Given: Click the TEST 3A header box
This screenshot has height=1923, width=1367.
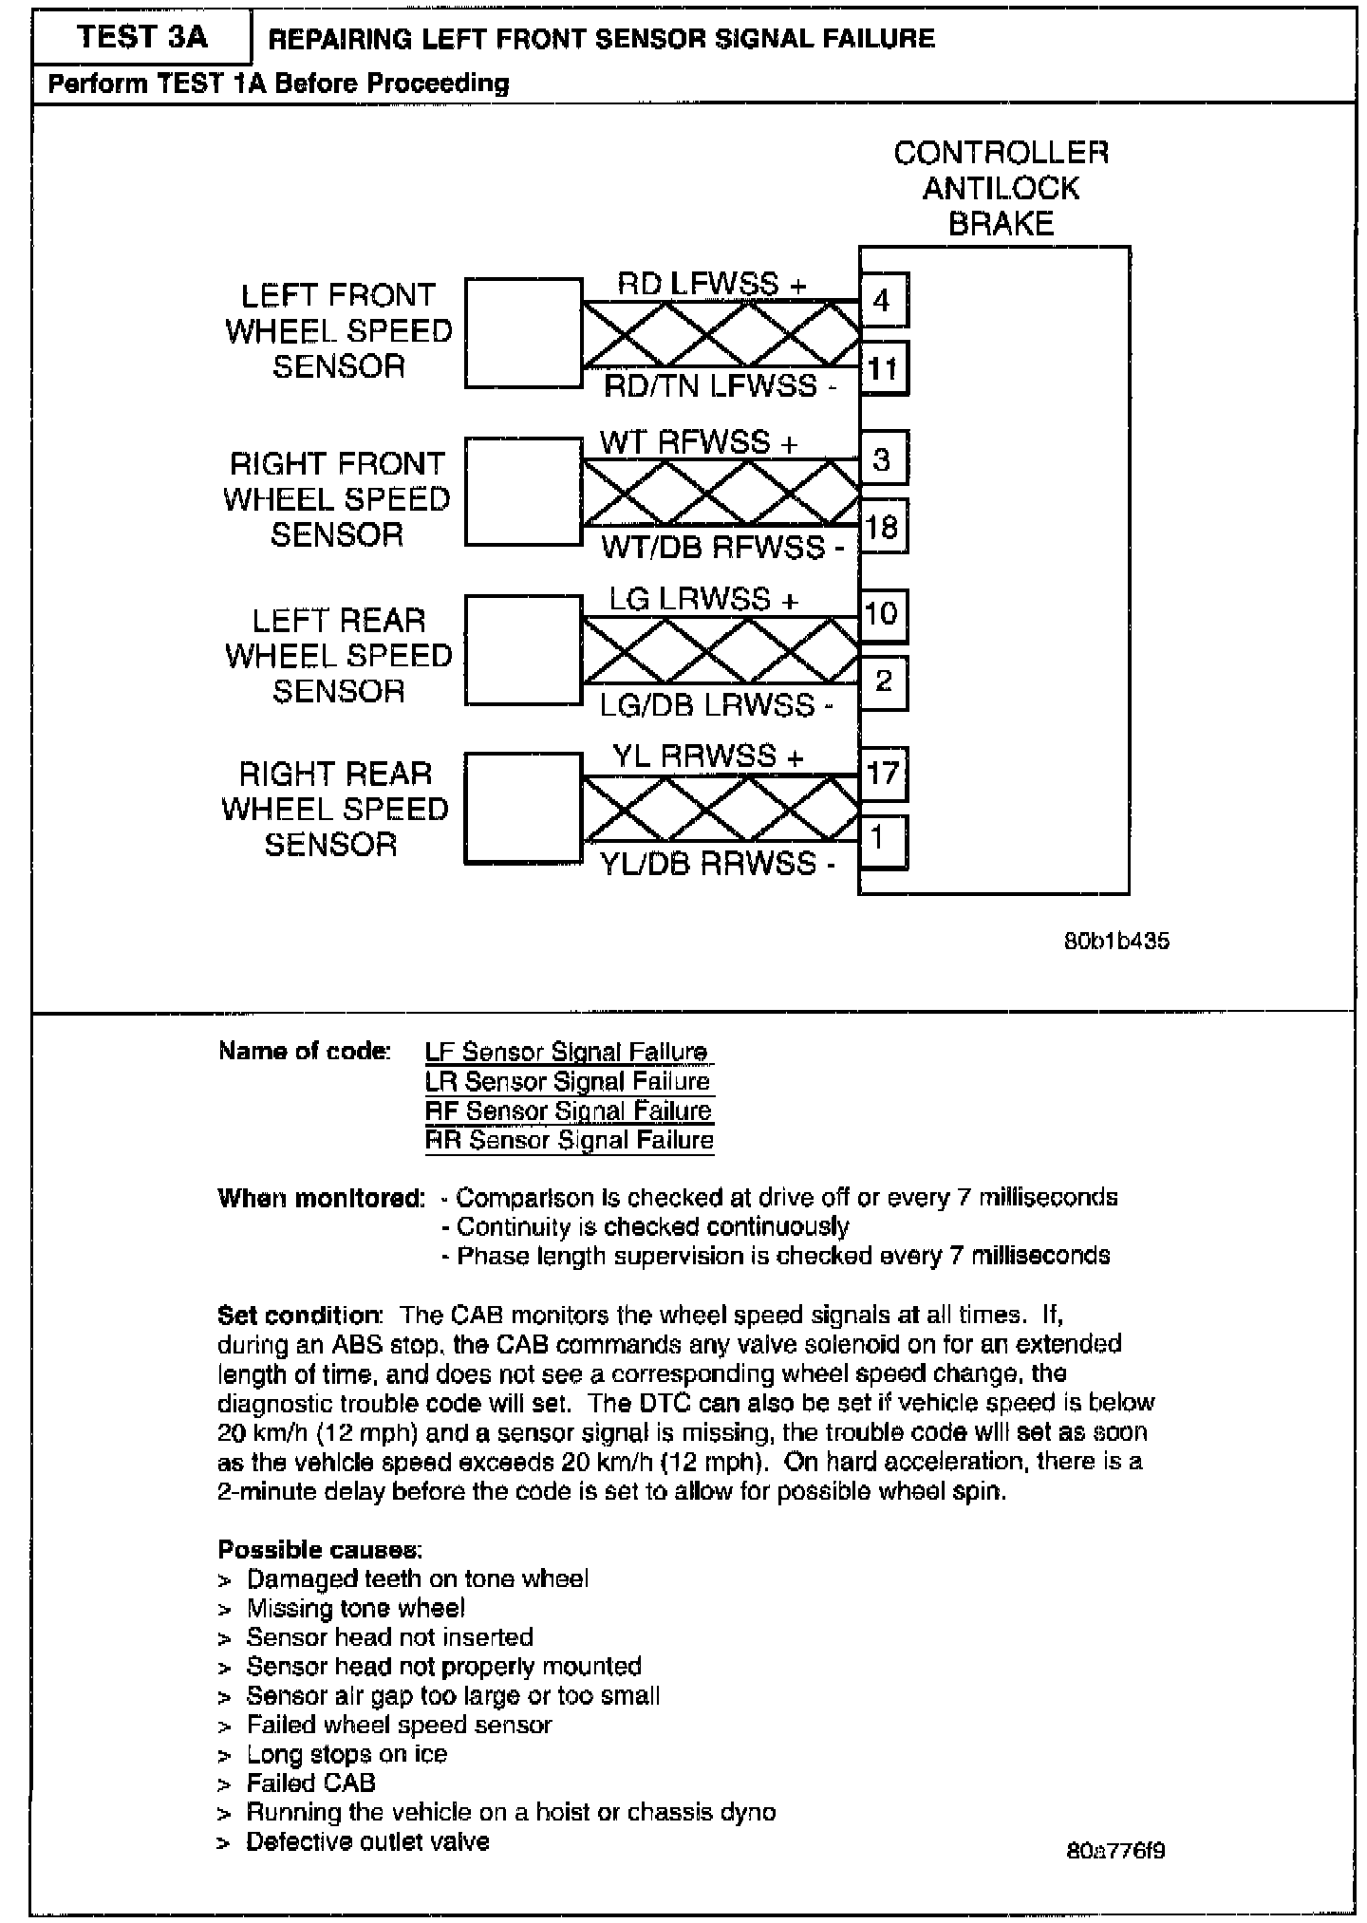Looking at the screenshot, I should [142, 37].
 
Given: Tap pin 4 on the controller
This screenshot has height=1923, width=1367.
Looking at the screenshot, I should [883, 300].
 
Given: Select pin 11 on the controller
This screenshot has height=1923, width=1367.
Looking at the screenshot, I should [883, 367].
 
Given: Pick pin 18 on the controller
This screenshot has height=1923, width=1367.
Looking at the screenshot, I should [883, 526].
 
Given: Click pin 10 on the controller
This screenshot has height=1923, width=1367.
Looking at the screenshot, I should [883, 614].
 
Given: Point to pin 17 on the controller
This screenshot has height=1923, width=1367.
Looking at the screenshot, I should [883, 773].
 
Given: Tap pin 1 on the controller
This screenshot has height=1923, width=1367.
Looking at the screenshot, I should [881, 840].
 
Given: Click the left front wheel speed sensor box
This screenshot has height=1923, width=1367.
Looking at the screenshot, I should [523, 332].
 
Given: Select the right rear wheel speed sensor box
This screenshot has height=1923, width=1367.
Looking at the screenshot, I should [523, 808].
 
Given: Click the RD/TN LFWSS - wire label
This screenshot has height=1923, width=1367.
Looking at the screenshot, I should [721, 386].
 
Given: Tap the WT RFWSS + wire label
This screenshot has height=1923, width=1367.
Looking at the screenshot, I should [699, 442].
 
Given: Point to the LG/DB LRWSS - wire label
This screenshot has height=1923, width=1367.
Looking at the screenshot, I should [717, 705].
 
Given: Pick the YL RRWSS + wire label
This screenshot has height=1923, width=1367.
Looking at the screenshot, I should [707, 756].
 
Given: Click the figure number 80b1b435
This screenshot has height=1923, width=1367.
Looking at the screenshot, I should [1116, 942].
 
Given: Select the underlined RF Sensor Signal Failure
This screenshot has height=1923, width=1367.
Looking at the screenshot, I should [569, 1111].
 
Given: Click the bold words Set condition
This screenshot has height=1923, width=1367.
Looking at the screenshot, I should [299, 1316].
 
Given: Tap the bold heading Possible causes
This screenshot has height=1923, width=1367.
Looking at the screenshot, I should [320, 1550].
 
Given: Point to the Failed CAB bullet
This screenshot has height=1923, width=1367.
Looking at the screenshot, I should [310, 1783].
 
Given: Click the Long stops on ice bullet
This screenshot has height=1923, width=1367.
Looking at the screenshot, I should [346, 1754].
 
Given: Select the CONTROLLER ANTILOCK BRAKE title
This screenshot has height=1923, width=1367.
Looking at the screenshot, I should [1001, 188].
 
